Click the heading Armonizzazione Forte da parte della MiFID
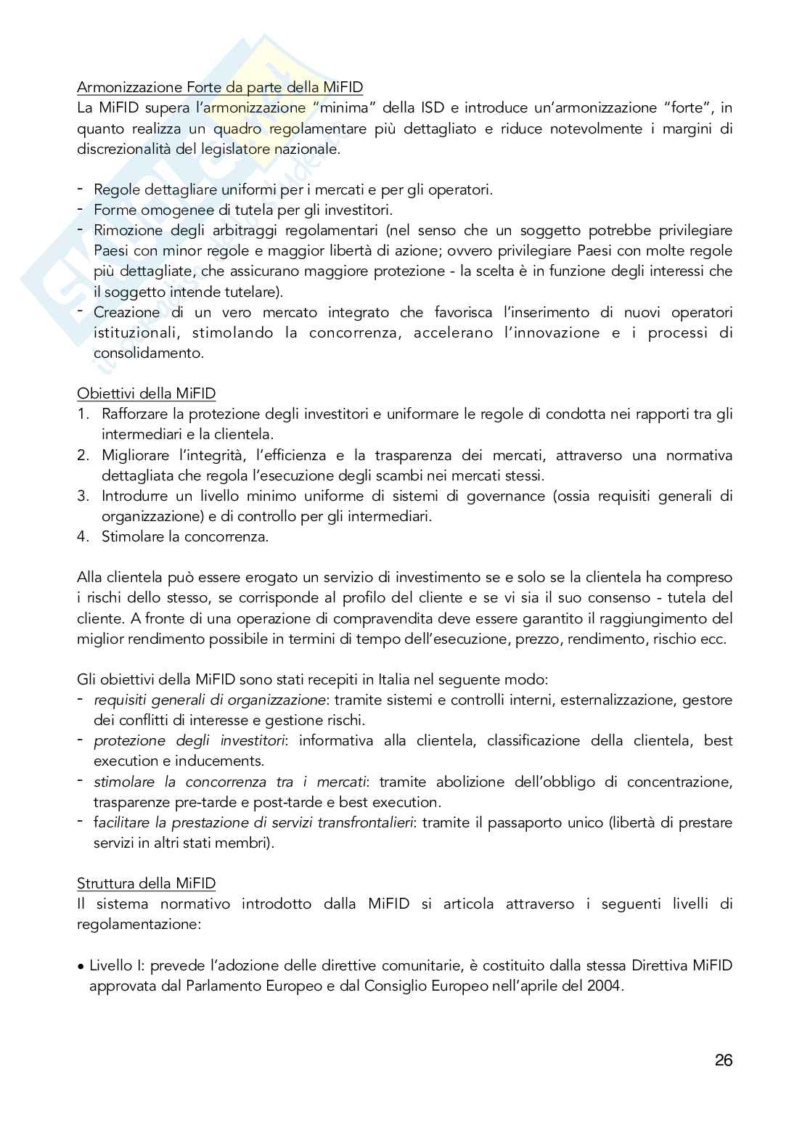click(x=220, y=87)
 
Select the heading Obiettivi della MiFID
click(x=146, y=393)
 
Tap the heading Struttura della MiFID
click(x=146, y=883)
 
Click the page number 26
click(x=723, y=1060)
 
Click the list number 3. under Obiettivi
click(x=83, y=496)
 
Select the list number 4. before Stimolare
click(x=83, y=537)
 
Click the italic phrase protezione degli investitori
click(x=189, y=741)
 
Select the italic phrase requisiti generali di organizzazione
click(x=210, y=700)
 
